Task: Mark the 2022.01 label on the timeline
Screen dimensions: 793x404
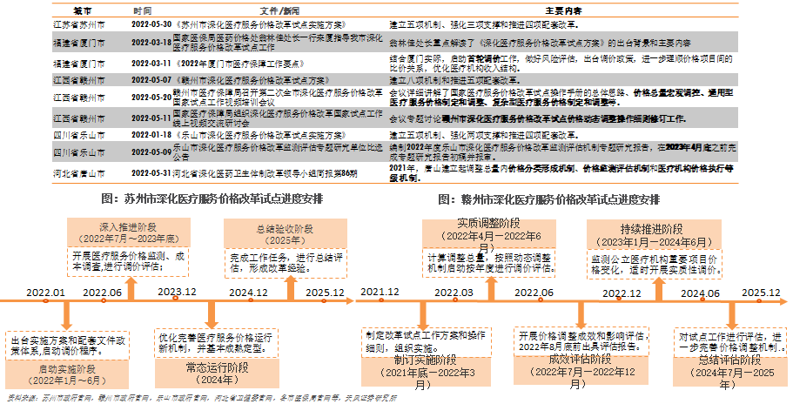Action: pos(46,292)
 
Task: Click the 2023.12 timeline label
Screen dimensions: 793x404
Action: pos(177,292)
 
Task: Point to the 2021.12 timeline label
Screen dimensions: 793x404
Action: pos(380,292)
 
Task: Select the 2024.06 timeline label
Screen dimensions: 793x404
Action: pos(700,292)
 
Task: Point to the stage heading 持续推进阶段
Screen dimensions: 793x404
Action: pos(640,227)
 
